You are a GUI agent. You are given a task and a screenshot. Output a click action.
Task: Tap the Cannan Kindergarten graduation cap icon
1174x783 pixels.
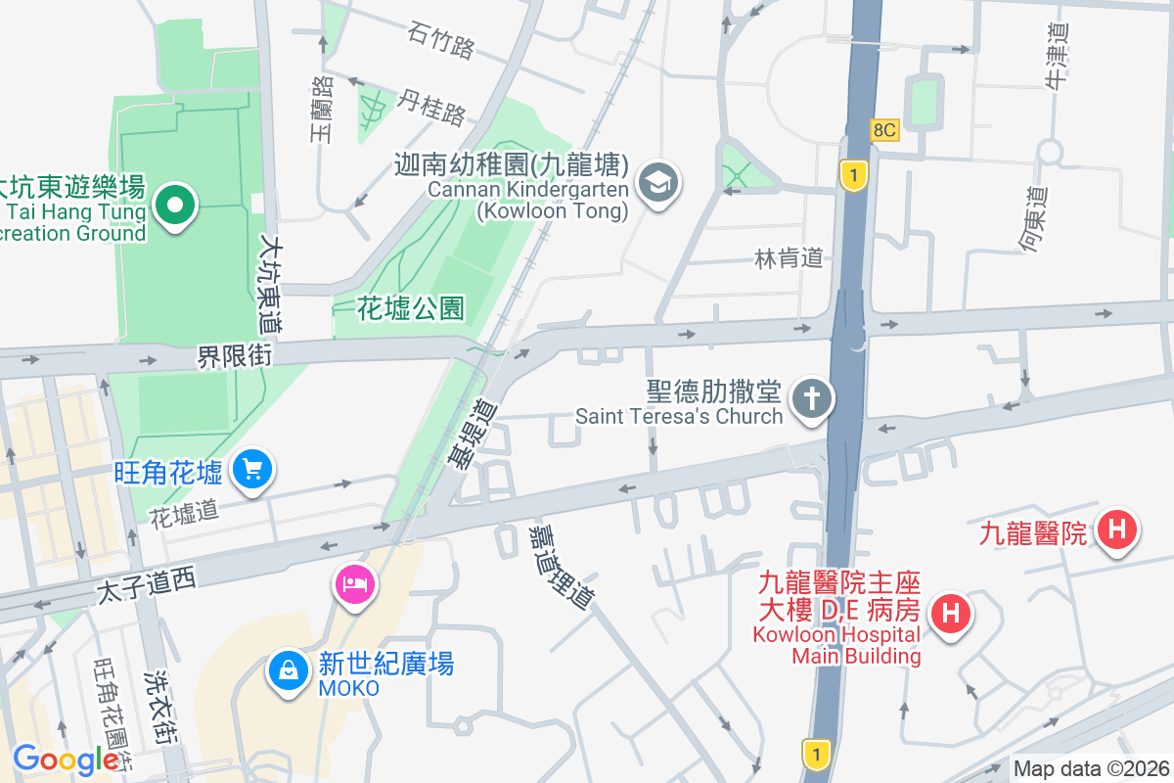click(x=659, y=182)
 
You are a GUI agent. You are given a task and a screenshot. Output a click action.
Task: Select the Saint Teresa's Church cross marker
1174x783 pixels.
click(x=811, y=399)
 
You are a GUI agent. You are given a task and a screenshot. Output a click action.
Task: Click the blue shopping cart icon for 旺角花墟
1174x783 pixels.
click(x=253, y=470)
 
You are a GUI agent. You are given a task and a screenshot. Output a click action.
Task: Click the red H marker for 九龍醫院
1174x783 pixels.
click(x=1116, y=531)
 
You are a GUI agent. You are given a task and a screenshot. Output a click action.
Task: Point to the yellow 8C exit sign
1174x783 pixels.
click(x=885, y=130)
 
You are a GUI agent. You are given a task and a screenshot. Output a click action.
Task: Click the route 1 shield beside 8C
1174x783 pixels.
click(x=854, y=175)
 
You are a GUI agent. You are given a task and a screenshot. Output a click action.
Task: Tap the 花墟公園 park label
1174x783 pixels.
click(x=410, y=309)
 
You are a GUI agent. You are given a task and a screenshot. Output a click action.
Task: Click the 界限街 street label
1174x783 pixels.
click(x=235, y=355)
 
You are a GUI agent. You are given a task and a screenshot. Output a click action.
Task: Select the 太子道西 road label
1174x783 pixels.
click(x=147, y=585)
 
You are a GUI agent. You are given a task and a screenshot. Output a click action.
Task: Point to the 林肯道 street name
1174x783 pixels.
click(x=789, y=258)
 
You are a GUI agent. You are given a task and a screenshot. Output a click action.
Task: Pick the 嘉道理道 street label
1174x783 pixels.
click(x=561, y=566)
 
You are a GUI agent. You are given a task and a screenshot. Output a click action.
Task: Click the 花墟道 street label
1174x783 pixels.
click(x=183, y=515)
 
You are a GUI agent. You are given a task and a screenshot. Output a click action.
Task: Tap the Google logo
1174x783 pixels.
click(x=66, y=760)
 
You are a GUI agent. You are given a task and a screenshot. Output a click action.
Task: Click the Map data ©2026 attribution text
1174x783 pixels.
click(x=1091, y=768)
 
